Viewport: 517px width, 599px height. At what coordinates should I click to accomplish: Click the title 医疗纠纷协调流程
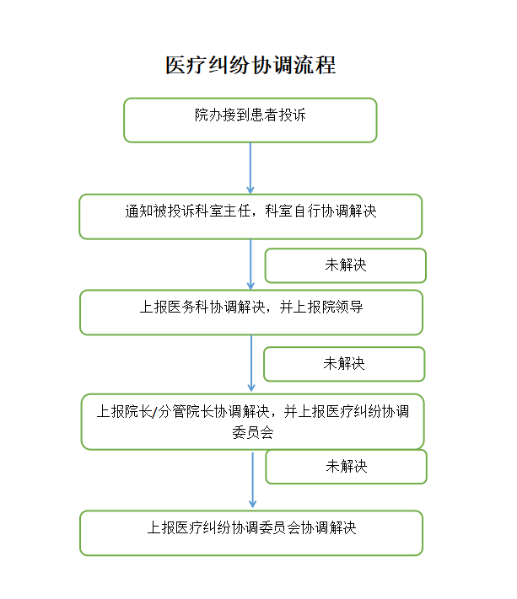point(250,65)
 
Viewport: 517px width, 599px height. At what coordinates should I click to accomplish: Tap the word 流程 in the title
point(315,65)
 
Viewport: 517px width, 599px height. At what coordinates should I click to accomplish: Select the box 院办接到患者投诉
point(250,120)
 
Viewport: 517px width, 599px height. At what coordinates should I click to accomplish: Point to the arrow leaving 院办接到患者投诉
point(250,168)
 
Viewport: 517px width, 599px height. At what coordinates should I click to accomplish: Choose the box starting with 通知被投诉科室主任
point(250,217)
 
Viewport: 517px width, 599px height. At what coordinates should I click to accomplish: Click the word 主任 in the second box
point(238,211)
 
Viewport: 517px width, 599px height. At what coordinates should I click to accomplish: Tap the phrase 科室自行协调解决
point(320,211)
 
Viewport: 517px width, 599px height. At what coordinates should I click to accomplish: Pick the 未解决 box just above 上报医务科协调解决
point(345,265)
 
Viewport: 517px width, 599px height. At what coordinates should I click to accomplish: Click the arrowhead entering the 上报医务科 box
point(250,286)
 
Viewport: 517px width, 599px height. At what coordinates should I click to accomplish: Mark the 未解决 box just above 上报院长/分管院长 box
point(344,364)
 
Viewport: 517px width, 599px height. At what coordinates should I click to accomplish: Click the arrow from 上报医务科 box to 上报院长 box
point(251,363)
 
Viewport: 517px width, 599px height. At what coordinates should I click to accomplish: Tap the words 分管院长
point(186,411)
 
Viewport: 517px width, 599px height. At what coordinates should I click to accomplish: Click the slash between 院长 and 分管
point(154,412)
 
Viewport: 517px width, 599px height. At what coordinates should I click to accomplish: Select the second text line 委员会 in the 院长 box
point(253,432)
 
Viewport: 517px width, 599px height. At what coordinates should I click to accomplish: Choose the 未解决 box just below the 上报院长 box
point(346,467)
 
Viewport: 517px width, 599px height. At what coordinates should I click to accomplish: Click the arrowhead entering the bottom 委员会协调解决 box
point(252,505)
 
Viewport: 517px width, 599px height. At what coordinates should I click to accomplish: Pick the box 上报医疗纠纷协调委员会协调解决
point(251,533)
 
